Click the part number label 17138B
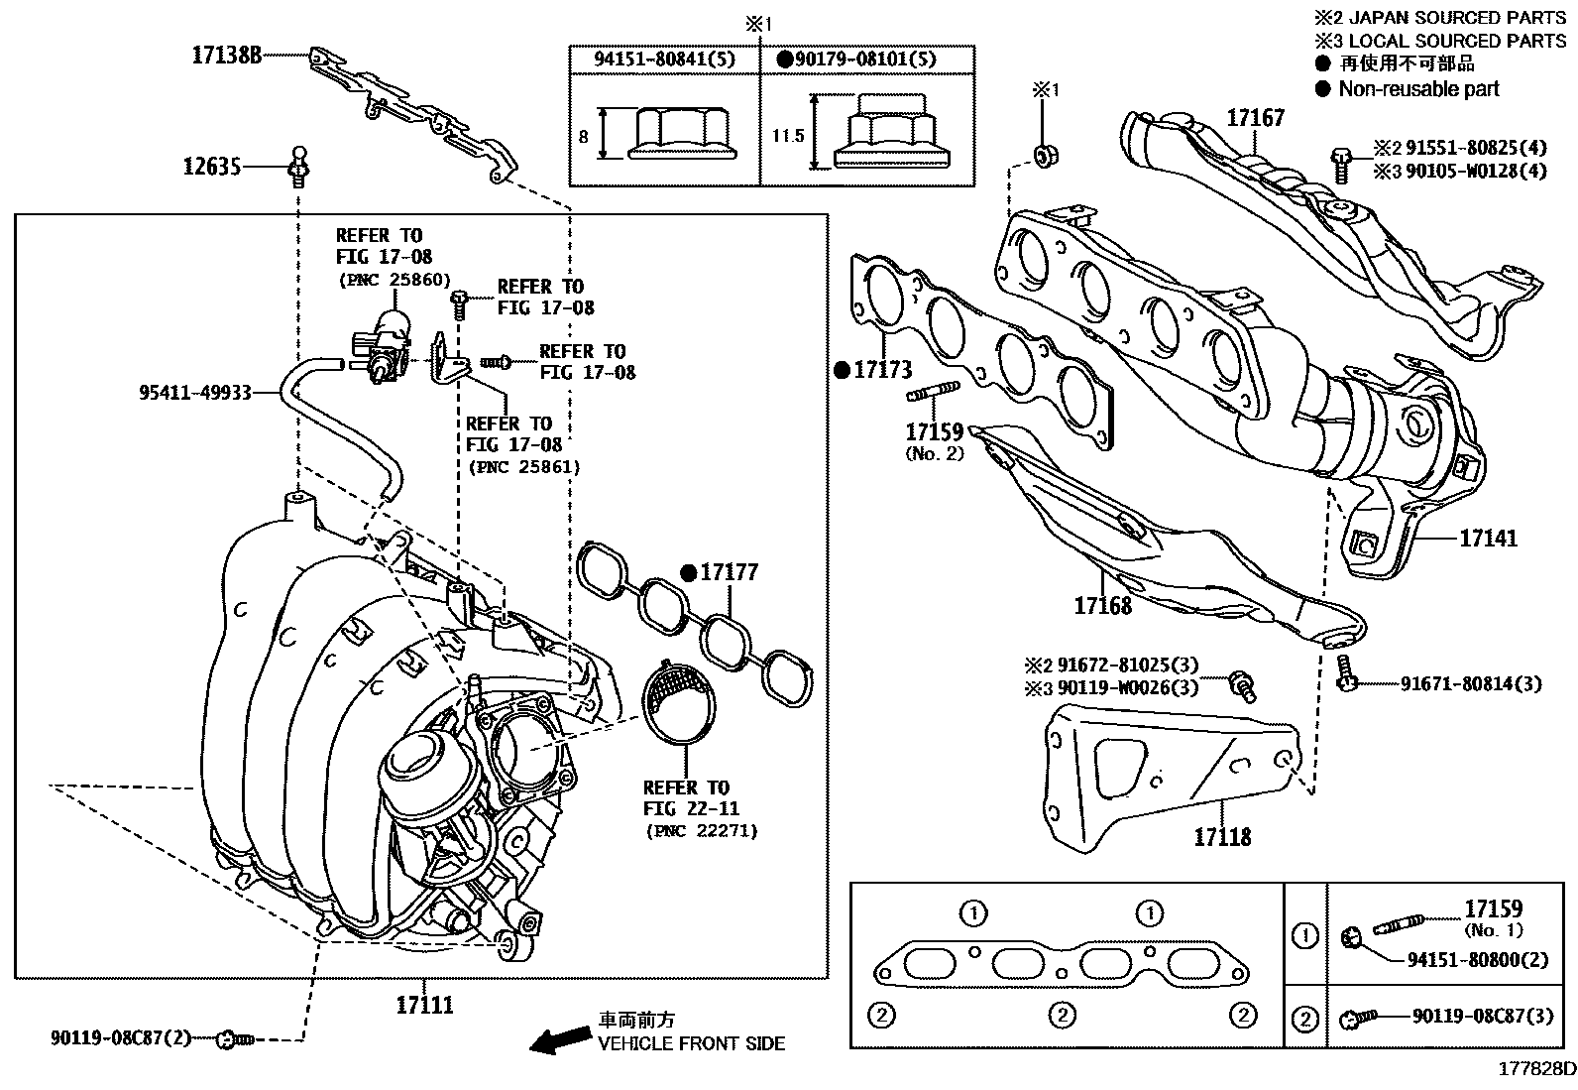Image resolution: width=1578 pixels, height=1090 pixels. (226, 56)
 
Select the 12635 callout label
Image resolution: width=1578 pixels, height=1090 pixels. (211, 167)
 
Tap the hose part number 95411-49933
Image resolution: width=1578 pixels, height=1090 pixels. (194, 393)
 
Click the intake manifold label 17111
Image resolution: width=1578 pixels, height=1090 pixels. (424, 1005)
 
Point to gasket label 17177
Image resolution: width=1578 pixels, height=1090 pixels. (729, 572)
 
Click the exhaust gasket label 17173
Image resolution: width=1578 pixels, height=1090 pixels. (881, 371)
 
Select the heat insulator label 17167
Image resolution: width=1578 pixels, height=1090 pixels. (1255, 118)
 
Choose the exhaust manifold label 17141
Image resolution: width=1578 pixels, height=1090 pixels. (1488, 539)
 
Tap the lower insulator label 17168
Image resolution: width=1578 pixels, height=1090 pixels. (1102, 604)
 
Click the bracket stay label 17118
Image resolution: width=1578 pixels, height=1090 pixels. (1222, 837)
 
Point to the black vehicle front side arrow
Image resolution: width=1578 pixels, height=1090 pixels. (558, 1038)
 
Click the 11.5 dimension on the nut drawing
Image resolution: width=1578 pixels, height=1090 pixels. (788, 136)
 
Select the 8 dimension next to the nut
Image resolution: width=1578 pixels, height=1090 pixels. (583, 136)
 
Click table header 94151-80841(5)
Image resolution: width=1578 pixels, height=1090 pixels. (664, 59)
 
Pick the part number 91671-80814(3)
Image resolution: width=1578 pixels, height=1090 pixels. (1471, 683)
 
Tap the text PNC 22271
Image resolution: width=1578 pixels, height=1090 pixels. (700, 830)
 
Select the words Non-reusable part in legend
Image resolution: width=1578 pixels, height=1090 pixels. (1418, 89)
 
